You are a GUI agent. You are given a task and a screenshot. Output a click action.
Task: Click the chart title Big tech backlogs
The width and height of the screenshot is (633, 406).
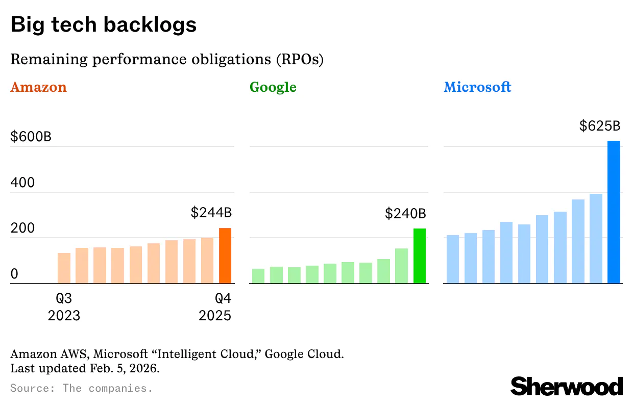[x=104, y=25]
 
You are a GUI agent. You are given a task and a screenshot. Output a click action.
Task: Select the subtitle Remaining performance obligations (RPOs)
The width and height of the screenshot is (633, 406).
[x=167, y=60]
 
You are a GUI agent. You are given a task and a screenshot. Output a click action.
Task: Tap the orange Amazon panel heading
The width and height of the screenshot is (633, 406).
[x=39, y=87]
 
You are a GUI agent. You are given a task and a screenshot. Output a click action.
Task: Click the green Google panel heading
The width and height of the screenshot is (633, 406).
[x=273, y=87]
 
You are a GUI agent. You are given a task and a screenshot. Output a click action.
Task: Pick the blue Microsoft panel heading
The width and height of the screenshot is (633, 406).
[x=477, y=87]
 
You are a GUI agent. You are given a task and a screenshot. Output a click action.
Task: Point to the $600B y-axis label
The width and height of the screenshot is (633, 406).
[x=31, y=137]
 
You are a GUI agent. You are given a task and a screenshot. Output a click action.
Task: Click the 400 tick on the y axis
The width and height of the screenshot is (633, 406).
[x=22, y=183]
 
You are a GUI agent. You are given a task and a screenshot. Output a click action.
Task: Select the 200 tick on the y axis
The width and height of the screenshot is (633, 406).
[x=22, y=228]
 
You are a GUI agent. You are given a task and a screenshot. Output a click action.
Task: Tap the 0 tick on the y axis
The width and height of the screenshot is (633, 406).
[x=14, y=274]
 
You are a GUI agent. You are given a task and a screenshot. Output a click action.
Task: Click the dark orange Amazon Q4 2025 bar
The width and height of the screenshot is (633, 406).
[x=225, y=256]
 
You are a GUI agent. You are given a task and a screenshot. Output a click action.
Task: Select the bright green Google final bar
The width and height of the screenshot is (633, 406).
[x=419, y=256]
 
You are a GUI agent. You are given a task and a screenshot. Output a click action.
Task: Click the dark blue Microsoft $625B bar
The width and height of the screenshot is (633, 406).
[x=614, y=212]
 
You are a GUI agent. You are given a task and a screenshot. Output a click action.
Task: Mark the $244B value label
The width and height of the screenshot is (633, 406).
[x=211, y=213]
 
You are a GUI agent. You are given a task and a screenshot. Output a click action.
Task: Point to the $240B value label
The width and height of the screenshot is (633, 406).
[x=405, y=213]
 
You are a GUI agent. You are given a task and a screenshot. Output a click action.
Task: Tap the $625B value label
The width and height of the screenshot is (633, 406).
[x=599, y=126]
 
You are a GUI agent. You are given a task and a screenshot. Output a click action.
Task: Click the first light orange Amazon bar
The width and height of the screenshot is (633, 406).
[x=64, y=268]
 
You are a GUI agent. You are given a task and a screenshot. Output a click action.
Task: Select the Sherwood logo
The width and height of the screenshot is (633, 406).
[x=567, y=386]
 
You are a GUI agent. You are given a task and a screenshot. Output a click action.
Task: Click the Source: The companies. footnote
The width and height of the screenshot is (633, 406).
[x=82, y=388]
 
